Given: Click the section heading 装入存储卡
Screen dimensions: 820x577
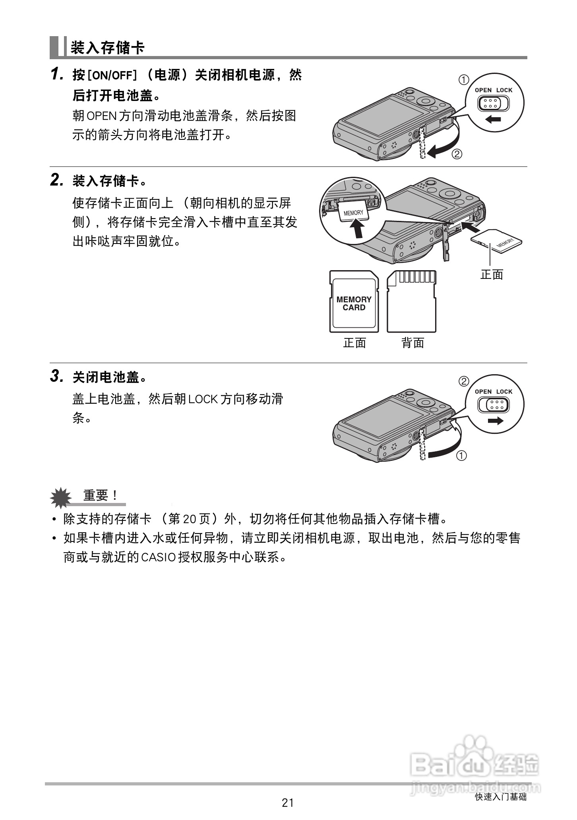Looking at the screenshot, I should (x=107, y=48).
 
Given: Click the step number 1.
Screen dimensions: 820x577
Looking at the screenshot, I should (x=57, y=74).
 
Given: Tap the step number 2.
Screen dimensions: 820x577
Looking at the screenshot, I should (x=57, y=180).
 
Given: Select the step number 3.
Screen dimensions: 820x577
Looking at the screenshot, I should (x=57, y=376).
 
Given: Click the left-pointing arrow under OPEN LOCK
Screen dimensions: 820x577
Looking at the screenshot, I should (x=493, y=119).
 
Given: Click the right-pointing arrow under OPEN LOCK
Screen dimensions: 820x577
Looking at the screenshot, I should (x=495, y=421).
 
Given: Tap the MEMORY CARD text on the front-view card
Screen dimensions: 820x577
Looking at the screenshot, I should (x=354, y=304).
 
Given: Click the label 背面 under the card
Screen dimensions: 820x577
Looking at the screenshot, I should (x=413, y=343).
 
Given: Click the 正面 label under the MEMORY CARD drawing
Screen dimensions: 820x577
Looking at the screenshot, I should (x=354, y=343).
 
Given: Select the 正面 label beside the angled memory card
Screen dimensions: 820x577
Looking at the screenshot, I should (x=492, y=275).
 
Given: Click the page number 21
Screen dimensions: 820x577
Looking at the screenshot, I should (x=288, y=803).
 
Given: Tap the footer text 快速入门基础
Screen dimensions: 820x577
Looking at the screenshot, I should (x=501, y=797).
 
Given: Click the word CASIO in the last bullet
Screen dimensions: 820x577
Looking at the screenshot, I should (x=159, y=557).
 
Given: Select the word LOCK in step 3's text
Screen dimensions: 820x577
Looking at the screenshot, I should (x=203, y=398).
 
